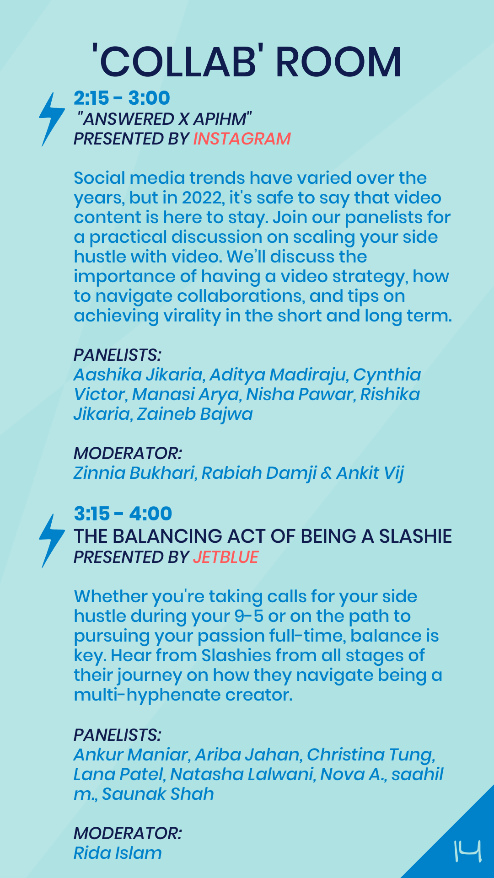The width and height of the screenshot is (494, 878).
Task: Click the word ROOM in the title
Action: click(x=338, y=62)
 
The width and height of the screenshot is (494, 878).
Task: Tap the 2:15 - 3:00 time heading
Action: click(x=122, y=98)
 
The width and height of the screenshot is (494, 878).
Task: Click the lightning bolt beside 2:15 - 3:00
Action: click(x=52, y=119)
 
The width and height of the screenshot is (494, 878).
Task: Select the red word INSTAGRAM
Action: click(x=242, y=139)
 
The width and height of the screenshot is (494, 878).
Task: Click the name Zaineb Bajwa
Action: click(x=195, y=414)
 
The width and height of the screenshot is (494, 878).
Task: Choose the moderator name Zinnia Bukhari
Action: click(x=135, y=473)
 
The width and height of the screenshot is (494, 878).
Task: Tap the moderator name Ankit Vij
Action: click(x=370, y=473)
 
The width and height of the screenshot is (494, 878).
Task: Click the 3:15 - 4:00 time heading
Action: click(x=123, y=514)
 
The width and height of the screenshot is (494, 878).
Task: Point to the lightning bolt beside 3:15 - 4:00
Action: click(x=52, y=541)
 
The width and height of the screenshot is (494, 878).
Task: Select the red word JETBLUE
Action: click(x=226, y=557)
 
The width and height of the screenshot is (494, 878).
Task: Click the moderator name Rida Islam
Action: click(x=118, y=853)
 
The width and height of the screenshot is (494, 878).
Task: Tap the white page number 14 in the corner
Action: click(x=467, y=851)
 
